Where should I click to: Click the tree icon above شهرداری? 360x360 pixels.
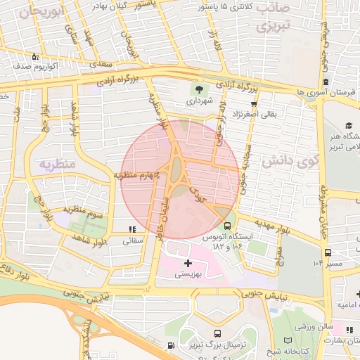pyautogui.click(x=200, y=89)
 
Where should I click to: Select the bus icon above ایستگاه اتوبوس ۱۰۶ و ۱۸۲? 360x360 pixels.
pyautogui.click(x=227, y=226)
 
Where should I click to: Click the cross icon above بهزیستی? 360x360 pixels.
pyautogui.click(x=187, y=263)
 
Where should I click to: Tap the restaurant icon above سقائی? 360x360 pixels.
pyautogui.click(x=131, y=229)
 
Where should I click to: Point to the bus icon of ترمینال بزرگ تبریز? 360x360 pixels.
pyautogui.click(x=217, y=333)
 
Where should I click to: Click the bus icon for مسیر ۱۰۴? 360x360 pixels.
pyautogui.click(x=328, y=252)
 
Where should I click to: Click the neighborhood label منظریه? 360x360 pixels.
pyautogui.click(x=56, y=164)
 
